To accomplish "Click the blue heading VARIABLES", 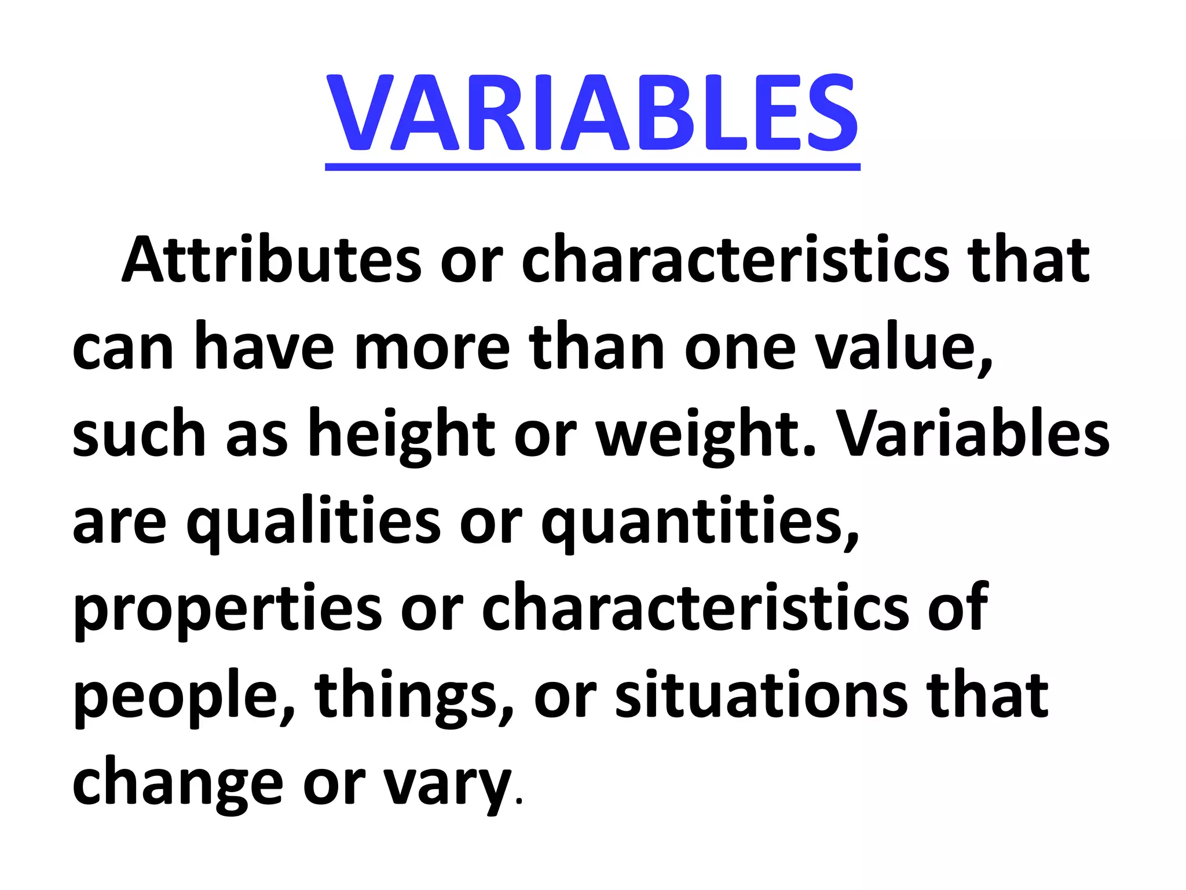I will pos(592,113).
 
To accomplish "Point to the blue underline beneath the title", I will pos(592,167).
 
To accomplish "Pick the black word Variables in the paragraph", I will pos(973,433).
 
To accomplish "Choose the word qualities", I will pos(313,522).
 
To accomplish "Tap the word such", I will pos(139,434).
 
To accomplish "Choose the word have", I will pos(264,346).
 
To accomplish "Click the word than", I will pos(596,346).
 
